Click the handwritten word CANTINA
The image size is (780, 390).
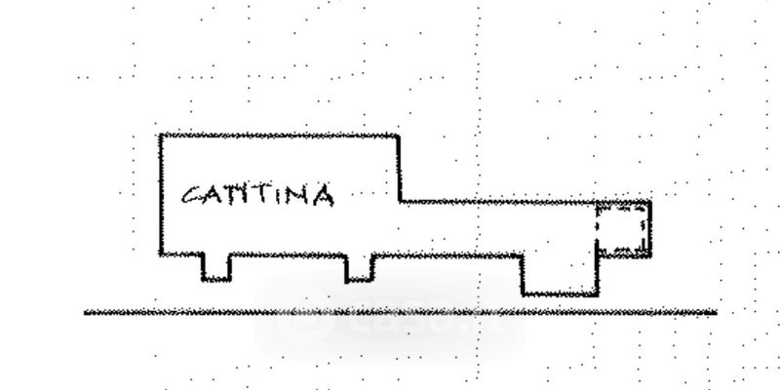(x=258, y=195)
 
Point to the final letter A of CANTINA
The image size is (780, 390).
(x=322, y=196)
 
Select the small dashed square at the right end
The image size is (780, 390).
(x=623, y=230)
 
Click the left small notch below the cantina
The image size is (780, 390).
(x=216, y=268)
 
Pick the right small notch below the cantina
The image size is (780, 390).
(x=360, y=268)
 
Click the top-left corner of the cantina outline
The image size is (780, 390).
(x=161, y=136)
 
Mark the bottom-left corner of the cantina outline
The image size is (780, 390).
(x=161, y=254)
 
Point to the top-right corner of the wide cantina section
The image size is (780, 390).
(x=399, y=136)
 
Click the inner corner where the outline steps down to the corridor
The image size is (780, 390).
(x=401, y=202)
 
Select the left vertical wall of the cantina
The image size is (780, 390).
(x=161, y=195)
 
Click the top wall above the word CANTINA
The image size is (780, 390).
(x=278, y=136)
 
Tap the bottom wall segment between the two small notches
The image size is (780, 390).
(x=289, y=255)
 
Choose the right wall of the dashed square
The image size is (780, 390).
(x=649, y=230)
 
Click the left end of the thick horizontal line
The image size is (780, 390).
(x=86, y=313)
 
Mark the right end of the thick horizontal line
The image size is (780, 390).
(x=716, y=313)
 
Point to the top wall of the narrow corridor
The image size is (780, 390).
(x=497, y=203)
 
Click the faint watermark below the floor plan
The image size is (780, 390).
(x=390, y=328)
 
